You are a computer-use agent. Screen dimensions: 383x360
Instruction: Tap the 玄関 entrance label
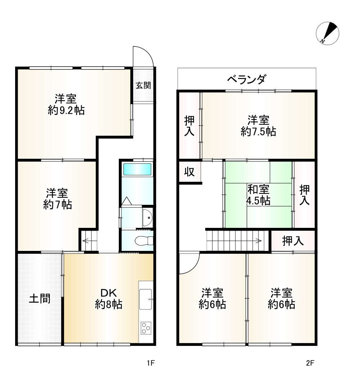(143, 85)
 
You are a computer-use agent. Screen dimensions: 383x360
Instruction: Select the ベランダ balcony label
(247, 79)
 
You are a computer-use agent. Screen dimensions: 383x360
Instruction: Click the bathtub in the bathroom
(137, 169)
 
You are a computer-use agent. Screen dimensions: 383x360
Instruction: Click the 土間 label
(39, 298)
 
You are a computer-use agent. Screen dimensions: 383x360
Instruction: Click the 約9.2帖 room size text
(66, 110)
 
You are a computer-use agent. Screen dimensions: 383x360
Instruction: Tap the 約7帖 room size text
(57, 205)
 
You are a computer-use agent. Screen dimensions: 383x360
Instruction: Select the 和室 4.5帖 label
(258, 195)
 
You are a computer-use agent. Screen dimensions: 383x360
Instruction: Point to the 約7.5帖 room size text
(258, 132)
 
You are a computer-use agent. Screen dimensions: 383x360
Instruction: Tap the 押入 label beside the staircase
(293, 241)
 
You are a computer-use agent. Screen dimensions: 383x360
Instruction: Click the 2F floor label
(310, 363)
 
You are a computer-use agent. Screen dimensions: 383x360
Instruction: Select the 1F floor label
(150, 363)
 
